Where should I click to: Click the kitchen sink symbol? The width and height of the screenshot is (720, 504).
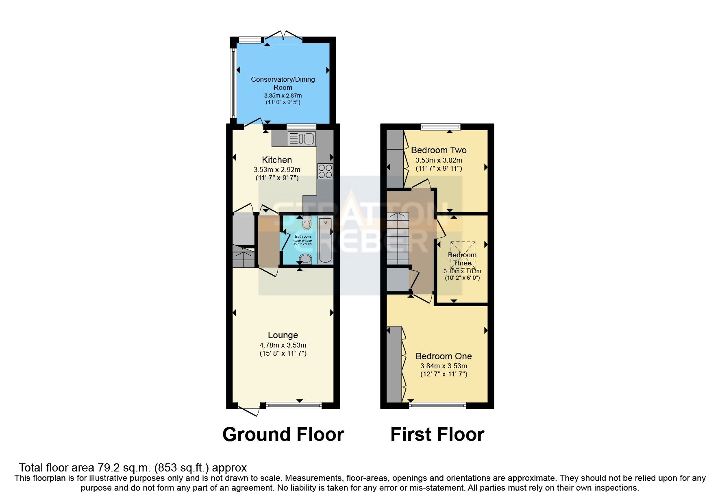302,139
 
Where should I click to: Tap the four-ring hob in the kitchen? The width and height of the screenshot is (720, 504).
325,171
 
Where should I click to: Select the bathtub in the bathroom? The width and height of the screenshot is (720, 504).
325,241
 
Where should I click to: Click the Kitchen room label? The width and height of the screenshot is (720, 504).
276,160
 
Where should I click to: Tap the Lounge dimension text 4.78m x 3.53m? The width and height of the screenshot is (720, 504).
283,345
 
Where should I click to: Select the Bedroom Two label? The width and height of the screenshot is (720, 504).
439,150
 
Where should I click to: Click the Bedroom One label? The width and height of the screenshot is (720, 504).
444,356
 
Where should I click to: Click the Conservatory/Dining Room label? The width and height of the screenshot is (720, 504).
283,83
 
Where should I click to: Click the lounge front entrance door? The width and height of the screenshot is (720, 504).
249,410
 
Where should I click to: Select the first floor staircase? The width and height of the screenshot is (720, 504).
397,239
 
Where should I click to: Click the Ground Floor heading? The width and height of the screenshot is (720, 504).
283,434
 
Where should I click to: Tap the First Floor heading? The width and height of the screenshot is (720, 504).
437,434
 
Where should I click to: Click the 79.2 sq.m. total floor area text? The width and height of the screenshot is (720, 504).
133,467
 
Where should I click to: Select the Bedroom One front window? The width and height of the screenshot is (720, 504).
437,405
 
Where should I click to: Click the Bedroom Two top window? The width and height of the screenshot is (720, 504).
440,126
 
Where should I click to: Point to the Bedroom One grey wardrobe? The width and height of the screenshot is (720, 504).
394,364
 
